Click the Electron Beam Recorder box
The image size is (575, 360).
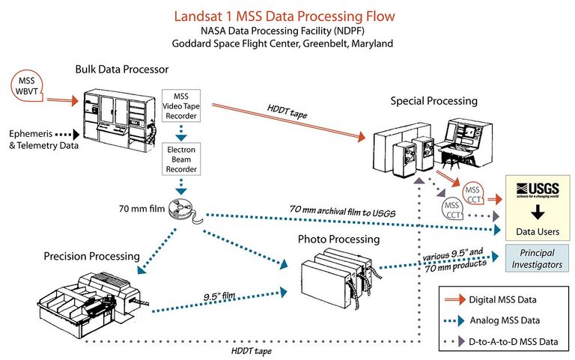point(180,159)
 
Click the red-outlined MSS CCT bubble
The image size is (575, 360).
point(475,192)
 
